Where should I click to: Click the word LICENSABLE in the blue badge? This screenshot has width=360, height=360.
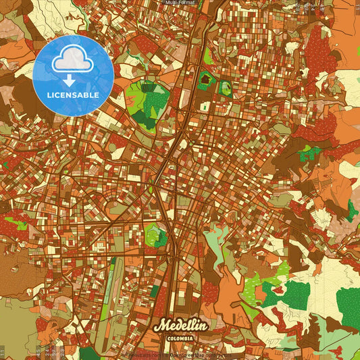[x=73, y=95]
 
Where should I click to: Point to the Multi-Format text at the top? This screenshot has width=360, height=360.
[x=180, y=3]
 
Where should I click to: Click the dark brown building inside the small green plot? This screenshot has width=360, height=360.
[x=205, y=80]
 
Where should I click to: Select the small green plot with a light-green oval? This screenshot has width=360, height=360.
[x=225, y=88]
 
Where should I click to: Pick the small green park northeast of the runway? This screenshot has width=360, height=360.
[x=156, y=234]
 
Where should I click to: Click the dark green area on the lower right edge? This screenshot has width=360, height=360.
[x=348, y=308]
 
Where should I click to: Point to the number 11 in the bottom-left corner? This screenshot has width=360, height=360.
[x=3, y=351]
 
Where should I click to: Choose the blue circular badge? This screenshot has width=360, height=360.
[x=72, y=75]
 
